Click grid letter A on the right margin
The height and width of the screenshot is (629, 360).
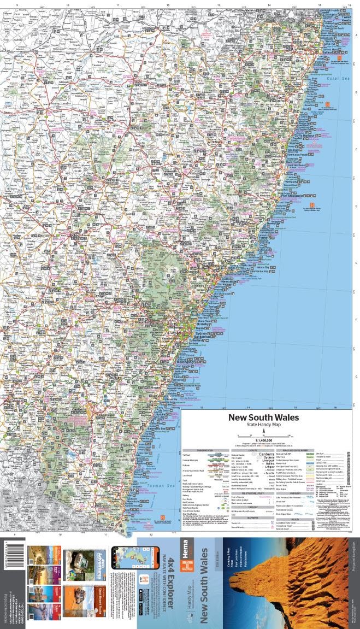pyautogui.click(x=356, y=36)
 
